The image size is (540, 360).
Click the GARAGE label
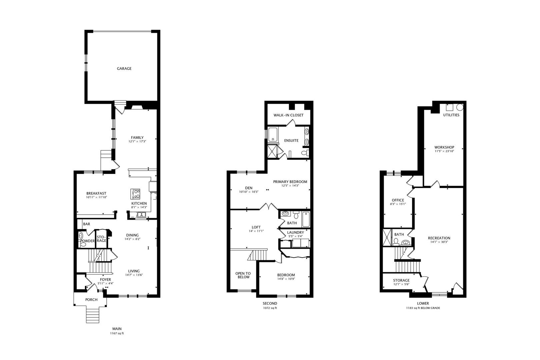tap(124, 69)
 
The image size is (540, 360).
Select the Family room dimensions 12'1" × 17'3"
tap(137, 142)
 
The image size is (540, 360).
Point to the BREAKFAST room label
tap(96, 193)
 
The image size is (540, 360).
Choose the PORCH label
tap(91, 300)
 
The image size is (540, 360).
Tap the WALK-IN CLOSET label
tap(288, 115)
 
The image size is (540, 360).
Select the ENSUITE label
tap(291, 141)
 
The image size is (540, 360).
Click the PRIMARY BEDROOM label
tap(290, 182)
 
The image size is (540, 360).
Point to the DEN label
tap(249, 188)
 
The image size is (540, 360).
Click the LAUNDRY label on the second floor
tap(295, 232)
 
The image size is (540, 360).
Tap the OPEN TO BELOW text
tap(243, 275)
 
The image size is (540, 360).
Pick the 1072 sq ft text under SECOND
tap(270, 308)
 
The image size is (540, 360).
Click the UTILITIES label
tap(451, 115)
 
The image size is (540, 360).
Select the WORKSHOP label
tap(444, 147)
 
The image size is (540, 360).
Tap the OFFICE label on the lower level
tap(398, 200)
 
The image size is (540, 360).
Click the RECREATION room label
tap(439, 238)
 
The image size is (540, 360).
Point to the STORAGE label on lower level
tap(401, 280)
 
